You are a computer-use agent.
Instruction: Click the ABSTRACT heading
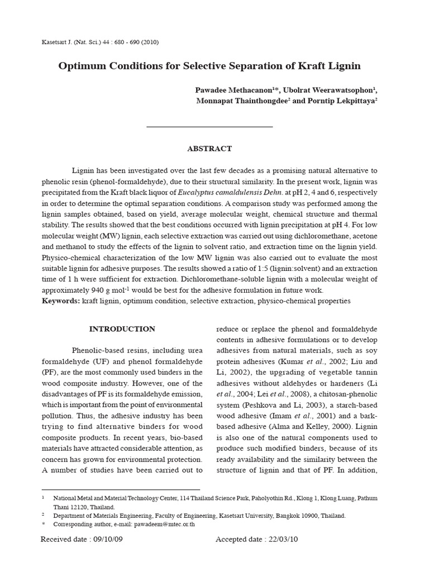209,149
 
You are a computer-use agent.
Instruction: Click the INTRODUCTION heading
122,329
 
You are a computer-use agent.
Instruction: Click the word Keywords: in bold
61,301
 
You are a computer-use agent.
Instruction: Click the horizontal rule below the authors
209,127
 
